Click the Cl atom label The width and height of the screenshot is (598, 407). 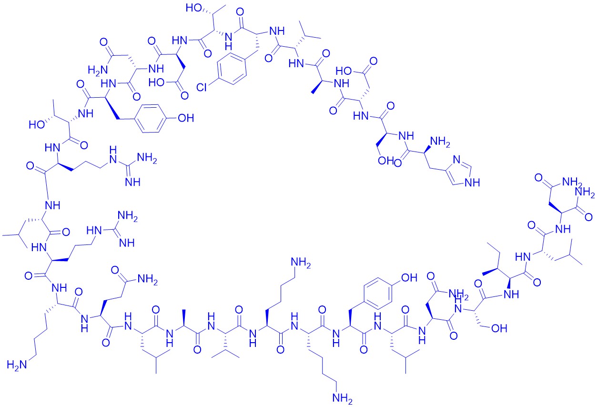pyautogui.click(x=202, y=87)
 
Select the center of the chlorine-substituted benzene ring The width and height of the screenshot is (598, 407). pyautogui.click(x=232, y=69)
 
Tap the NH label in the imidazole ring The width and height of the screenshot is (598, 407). pyautogui.click(x=472, y=183)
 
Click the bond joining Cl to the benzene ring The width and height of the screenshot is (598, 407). pyautogui.click(x=213, y=81)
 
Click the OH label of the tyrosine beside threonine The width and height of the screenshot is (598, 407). pyautogui.click(x=186, y=118)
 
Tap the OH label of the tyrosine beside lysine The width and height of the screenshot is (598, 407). pyautogui.click(x=409, y=278)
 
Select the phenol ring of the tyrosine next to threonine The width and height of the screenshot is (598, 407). pyautogui.click(x=152, y=118)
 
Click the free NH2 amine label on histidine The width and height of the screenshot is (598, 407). pyautogui.click(x=440, y=142)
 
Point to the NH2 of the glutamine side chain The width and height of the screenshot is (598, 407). pyautogui.click(x=147, y=279)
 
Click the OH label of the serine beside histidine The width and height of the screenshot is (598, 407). pyautogui.click(x=385, y=161)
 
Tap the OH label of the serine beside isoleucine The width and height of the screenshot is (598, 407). pyautogui.click(x=499, y=328)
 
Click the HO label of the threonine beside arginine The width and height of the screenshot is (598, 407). pyautogui.click(x=37, y=124)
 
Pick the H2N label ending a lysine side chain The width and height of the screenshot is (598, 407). pyautogui.click(x=17, y=365)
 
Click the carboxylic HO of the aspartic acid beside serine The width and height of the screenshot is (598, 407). pyautogui.click(x=344, y=71)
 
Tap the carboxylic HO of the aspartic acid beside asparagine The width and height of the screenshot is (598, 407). pyautogui.click(x=156, y=82)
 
